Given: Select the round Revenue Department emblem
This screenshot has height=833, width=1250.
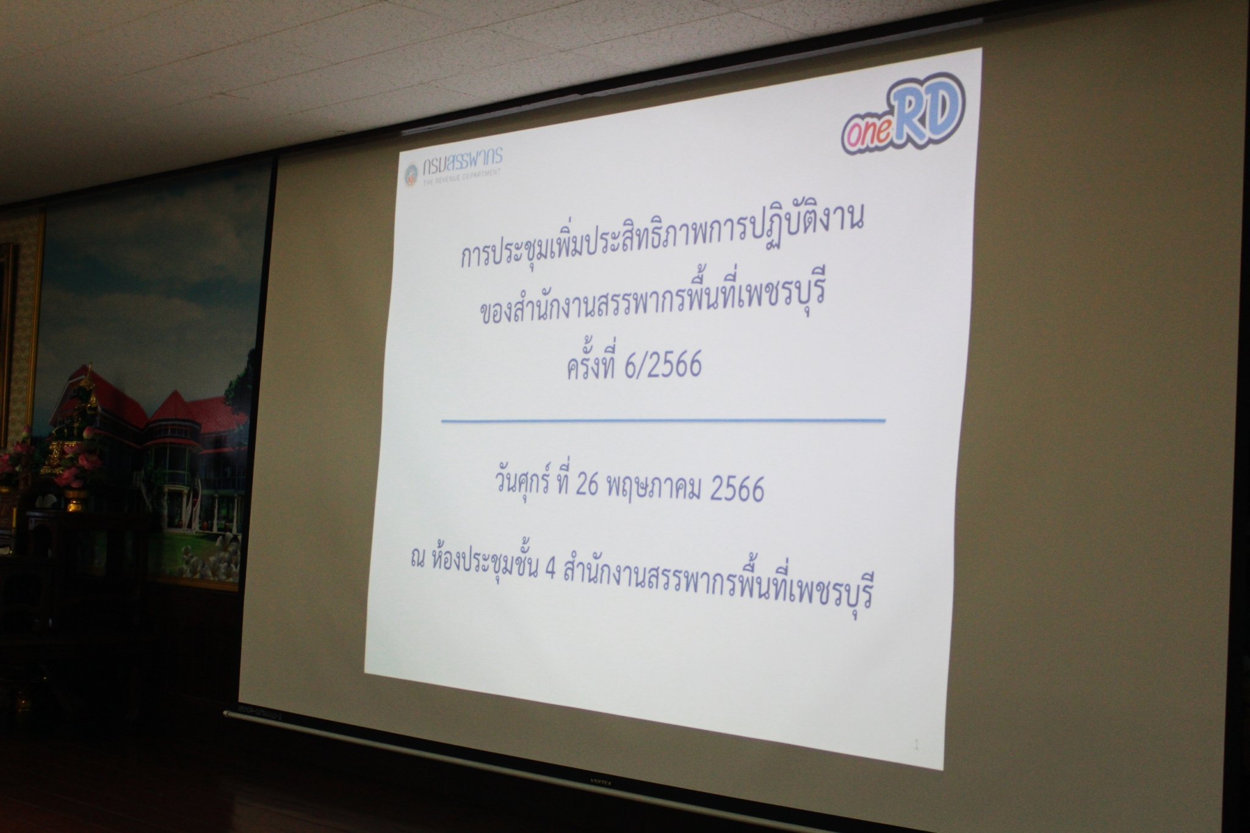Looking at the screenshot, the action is [411, 175].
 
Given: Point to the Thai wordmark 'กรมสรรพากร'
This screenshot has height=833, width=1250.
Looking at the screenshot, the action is [462, 160].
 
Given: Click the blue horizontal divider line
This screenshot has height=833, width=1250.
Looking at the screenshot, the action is [663, 420].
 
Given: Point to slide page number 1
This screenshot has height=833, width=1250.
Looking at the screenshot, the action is [917, 745].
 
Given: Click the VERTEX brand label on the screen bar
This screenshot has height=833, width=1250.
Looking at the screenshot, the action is [597, 779].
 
